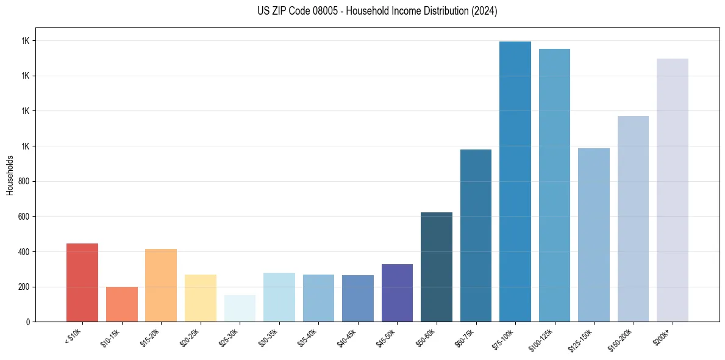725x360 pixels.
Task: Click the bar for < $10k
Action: pyautogui.click(x=82, y=283)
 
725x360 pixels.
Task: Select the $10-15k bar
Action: pyautogui.click(x=121, y=304)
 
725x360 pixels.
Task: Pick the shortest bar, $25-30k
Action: pyautogui.click(x=240, y=308)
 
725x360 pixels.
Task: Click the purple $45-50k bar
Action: pyautogui.click(x=397, y=293)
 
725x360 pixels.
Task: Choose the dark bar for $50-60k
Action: pyautogui.click(x=437, y=267)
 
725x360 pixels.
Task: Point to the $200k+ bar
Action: pyautogui.click(x=673, y=190)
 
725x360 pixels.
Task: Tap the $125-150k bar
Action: pyautogui.click(x=594, y=235)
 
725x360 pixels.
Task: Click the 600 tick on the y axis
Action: pyautogui.click(x=24, y=217)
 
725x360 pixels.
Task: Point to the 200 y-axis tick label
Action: pyautogui.click(x=24, y=287)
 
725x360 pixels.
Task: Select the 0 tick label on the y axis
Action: pyautogui.click(x=28, y=322)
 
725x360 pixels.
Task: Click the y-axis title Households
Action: pyautogui.click(x=10, y=175)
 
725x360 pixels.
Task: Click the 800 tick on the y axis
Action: pyautogui.click(x=24, y=181)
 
